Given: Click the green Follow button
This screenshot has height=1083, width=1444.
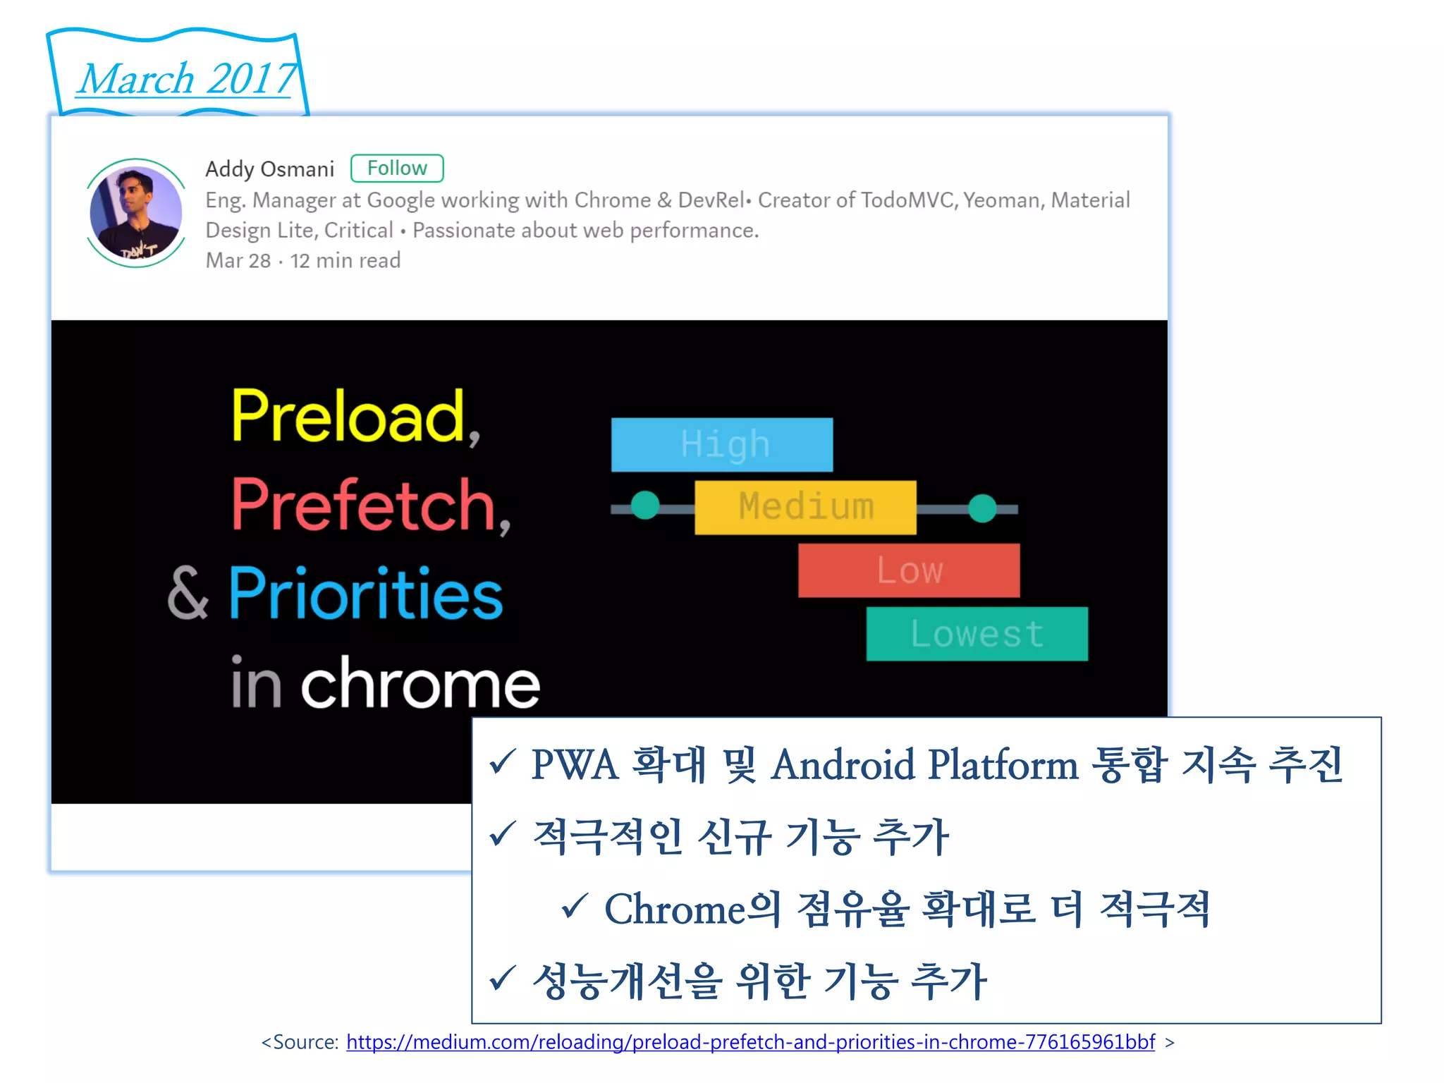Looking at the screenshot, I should click(397, 169).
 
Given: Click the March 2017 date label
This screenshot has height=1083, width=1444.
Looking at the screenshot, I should click(187, 78).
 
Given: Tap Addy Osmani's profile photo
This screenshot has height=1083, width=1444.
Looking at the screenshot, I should click(136, 212).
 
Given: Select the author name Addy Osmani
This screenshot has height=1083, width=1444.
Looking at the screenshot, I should click(269, 169).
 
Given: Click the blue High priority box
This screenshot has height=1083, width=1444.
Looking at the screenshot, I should click(721, 444).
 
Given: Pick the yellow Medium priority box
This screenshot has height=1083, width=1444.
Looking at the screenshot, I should click(805, 507).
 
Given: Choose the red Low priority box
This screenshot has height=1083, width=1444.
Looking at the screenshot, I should click(908, 570).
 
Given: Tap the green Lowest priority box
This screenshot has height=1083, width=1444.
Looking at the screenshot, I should click(977, 633).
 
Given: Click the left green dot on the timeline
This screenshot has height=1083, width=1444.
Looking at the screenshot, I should click(644, 506).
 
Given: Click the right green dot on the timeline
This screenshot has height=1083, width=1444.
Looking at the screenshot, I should click(982, 508).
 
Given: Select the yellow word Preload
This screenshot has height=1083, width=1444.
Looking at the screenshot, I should click(348, 417).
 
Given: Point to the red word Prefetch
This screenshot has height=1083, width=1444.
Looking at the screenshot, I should click(364, 505).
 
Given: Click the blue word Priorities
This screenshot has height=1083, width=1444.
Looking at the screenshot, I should click(365, 594).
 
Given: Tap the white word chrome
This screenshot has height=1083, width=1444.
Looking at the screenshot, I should click(420, 683).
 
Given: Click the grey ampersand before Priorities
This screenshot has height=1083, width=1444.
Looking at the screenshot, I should click(188, 594).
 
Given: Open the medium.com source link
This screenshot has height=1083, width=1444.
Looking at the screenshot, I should click(750, 1041).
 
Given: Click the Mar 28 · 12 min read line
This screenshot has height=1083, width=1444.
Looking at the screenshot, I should click(303, 261).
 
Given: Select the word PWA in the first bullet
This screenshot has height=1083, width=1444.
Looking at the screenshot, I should click(575, 764).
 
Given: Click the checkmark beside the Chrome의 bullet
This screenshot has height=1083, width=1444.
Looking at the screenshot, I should click(574, 906).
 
